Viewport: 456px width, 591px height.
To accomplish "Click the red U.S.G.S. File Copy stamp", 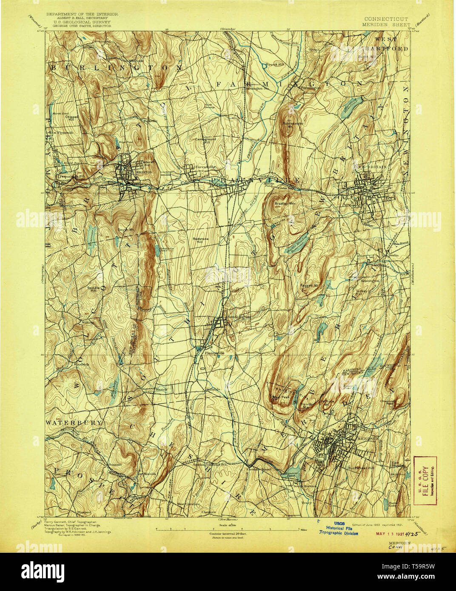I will click(x=425, y=480).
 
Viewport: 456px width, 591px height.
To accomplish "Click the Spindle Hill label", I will click(x=93, y=290).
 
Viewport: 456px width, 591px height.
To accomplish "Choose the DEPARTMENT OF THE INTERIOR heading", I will click(x=82, y=14).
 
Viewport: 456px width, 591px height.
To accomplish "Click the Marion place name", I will click(x=161, y=389).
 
